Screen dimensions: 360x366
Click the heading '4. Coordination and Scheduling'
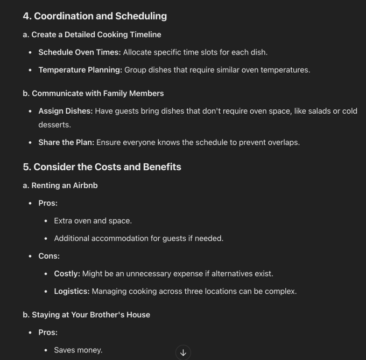click(x=95, y=16)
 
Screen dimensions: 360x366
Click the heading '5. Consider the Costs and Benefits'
click(x=102, y=167)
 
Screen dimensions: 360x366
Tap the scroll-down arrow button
click(x=183, y=352)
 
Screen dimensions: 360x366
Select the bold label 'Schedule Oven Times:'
click(x=79, y=52)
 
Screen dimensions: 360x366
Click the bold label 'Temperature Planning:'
click(x=80, y=70)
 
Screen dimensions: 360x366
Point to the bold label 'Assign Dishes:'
click(x=66, y=111)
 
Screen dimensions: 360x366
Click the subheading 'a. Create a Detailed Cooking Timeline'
click(x=91, y=34)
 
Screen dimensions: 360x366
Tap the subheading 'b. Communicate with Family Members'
click(x=93, y=93)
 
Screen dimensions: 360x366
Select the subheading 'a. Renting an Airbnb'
click(x=60, y=185)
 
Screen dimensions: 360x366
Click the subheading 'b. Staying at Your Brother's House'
click(x=86, y=315)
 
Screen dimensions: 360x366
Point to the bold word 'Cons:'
click(x=49, y=256)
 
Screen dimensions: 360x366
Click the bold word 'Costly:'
click(x=67, y=274)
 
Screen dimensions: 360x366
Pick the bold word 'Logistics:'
click(x=72, y=292)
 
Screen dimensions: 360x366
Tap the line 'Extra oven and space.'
click(x=93, y=220)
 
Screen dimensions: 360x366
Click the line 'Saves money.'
click(x=78, y=350)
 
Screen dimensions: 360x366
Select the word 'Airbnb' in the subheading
click(x=85, y=185)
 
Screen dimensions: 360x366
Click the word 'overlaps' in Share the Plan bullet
click(x=283, y=143)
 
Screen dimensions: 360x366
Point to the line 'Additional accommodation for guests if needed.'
click(x=138, y=238)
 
